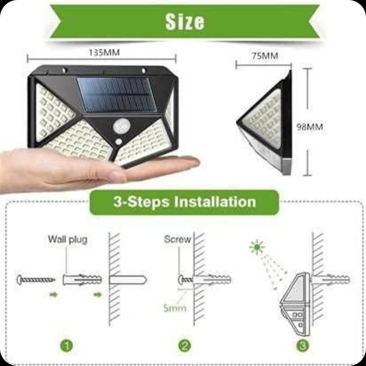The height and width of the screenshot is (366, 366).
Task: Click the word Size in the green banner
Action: pos(185,22)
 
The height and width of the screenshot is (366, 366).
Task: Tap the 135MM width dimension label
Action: pos(104,53)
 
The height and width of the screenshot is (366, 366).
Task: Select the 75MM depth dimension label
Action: pos(265,56)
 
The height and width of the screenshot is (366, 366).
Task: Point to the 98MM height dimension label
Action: pos(310,127)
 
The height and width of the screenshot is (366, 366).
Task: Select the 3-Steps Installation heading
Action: pos(184,202)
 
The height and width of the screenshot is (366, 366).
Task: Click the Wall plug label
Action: pos(67,239)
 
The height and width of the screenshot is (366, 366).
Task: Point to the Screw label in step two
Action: pos(177,239)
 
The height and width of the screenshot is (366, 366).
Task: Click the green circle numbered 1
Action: pos(67,346)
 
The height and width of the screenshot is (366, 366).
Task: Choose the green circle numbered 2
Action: pos(185,346)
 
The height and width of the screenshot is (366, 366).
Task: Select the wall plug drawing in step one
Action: pos(82,280)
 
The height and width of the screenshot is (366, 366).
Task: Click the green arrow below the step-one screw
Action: pos(54,295)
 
